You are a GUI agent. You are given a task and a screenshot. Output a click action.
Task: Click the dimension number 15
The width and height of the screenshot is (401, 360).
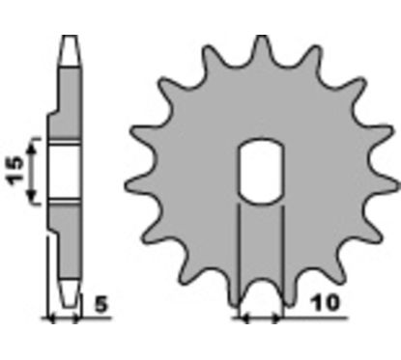pos(16,171)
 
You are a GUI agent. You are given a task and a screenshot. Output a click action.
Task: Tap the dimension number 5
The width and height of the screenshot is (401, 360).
pos(101,304)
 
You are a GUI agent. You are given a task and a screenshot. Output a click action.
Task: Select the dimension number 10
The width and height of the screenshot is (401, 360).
pos(326,303)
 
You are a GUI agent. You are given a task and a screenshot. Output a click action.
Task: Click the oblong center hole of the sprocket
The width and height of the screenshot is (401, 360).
pos(261,172)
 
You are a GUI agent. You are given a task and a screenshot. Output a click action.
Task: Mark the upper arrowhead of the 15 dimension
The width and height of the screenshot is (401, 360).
pos(31,150)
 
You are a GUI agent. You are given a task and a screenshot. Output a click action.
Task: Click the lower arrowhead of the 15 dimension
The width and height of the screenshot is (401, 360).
pos(31,195)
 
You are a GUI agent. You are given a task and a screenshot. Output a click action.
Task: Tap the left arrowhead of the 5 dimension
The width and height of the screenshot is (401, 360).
pos(51,318)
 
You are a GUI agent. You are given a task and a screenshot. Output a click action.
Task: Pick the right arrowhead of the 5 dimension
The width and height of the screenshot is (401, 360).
pos(75,318)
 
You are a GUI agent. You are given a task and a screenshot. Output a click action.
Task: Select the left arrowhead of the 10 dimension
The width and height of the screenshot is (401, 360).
pos(246,318)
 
